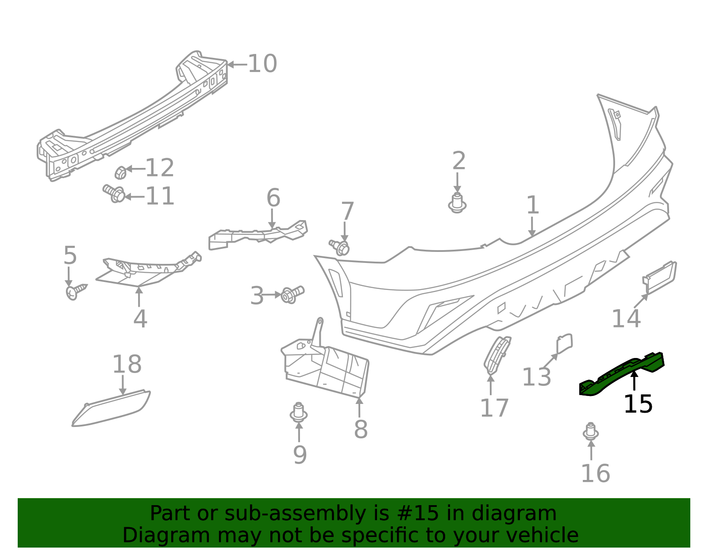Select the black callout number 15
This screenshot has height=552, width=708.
point(638,405)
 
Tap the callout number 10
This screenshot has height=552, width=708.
point(262,64)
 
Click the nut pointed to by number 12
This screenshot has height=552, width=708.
point(120,173)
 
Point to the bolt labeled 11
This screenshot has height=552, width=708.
point(114,194)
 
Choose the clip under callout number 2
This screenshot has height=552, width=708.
point(457,204)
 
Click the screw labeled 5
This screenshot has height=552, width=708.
point(76,291)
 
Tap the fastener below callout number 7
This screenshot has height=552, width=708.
point(339,247)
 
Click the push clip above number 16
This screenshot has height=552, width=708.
point(591,432)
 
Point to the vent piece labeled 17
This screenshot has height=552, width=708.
point(497,355)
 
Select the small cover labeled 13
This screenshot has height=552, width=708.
point(565,343)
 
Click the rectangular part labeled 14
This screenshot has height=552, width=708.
point(659,278)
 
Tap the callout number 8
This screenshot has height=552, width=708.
point(361,430)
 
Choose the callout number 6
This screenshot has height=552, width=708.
point(273,198)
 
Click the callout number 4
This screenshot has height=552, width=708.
point(140,319)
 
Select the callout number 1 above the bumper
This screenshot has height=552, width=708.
point(533,205)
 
